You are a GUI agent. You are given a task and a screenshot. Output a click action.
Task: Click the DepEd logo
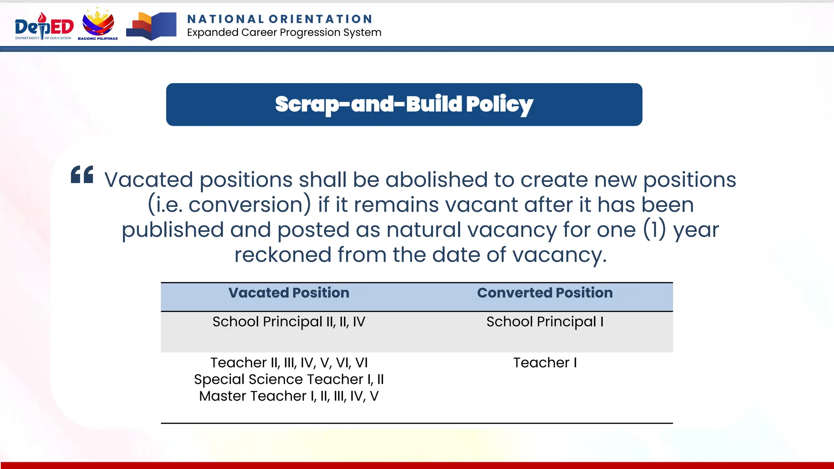coord(44,26)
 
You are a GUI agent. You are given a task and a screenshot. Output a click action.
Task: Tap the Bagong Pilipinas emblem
coord(98,24)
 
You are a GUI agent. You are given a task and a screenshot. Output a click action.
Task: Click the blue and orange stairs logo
coord(151,26)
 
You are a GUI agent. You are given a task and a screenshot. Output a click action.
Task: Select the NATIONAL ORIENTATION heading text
coord(280,19)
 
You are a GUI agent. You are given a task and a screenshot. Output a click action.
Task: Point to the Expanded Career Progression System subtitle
coord(284,33)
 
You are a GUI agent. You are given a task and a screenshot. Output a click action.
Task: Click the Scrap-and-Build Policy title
coord(404,104)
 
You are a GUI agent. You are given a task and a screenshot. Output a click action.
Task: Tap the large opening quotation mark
coord(82,175)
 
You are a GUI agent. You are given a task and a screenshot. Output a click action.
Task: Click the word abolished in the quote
coord(437,180)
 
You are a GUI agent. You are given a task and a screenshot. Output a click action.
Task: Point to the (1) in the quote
coord(654,230)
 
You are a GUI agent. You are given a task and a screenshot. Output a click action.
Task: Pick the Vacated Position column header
coord(289,293)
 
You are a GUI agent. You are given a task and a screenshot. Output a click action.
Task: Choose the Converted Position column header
coord(544,293)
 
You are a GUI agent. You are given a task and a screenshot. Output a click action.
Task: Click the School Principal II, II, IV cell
coord(289,322)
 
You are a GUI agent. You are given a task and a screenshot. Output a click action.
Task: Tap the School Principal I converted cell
coord(544,322)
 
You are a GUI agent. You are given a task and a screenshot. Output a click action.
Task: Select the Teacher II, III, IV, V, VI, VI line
coord(289,363)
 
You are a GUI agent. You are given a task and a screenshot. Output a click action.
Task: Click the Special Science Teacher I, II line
coord(289,379)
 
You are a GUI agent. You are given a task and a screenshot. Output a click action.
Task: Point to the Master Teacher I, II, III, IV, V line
coord(289,396)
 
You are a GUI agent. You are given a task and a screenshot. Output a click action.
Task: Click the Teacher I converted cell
coord(544,363)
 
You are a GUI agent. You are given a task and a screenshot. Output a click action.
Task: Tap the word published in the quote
coord(173,230)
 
